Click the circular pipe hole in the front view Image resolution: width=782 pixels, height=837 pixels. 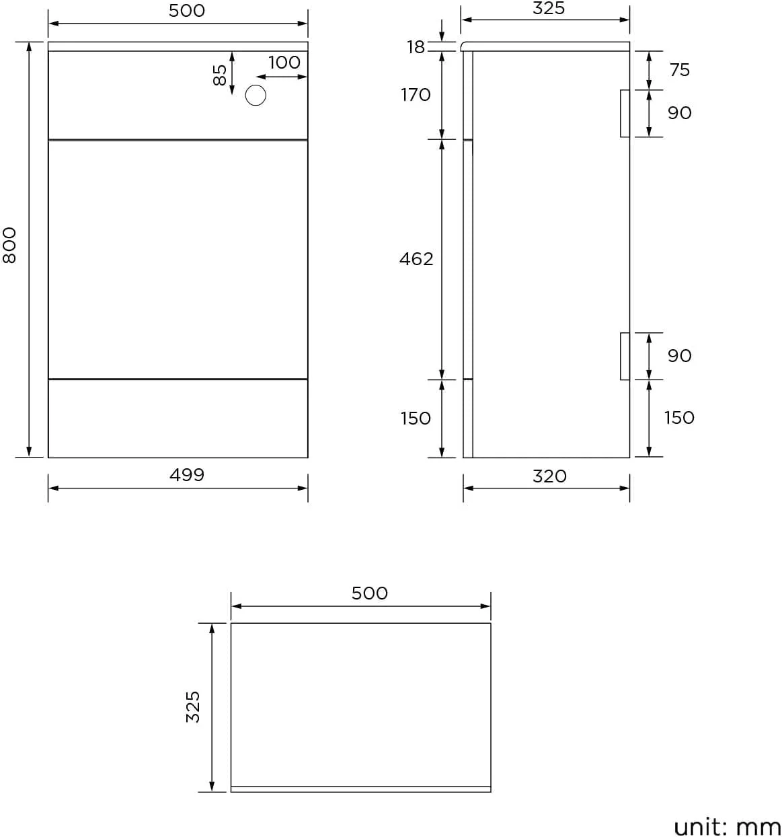(256, 96)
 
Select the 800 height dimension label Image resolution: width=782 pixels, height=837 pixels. (9, 246)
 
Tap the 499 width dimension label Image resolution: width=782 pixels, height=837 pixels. (186, 475)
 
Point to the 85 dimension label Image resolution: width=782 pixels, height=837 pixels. (220, 75)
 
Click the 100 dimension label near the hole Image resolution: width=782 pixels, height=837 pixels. (284, 63)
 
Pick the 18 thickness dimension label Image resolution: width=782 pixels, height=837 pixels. (416, 47)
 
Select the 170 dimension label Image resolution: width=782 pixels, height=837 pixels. (416, 95)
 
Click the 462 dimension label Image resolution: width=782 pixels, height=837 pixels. (416, 259)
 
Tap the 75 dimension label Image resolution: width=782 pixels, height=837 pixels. (679, 70)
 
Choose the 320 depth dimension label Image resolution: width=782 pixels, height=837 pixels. (549, 476)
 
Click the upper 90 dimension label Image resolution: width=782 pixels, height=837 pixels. (679, 113)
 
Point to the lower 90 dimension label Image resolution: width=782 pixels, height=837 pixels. (679, 356)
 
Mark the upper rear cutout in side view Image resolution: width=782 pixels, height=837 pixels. (625, 113)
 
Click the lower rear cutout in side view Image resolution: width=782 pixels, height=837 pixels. (625, 356)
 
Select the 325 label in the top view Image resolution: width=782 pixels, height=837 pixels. (193, 706)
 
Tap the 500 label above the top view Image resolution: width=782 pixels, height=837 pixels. (369, 593)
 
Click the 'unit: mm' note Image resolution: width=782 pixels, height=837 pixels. (727, 826)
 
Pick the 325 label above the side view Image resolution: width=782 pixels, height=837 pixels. (548, 9)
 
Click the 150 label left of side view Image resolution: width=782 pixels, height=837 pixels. (416, 418)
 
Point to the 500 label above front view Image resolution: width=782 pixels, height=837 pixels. (186, 11)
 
